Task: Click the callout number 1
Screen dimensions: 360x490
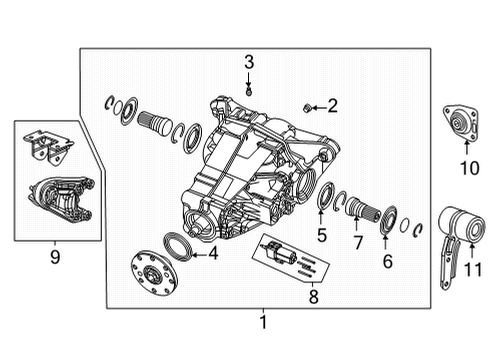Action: coord(263,322)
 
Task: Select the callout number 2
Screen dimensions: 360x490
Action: coord(333,104)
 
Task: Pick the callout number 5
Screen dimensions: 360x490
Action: coord(322,236)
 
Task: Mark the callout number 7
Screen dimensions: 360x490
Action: coord(357,242)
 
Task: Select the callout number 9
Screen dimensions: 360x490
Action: coord(56,256)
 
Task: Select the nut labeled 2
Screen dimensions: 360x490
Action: coord(309,104)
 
